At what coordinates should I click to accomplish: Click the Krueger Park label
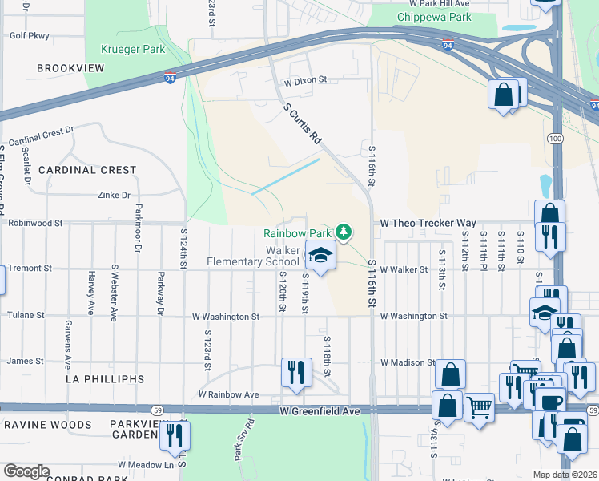coord(133,50)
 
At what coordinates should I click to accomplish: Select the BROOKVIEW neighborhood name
coord(70,69)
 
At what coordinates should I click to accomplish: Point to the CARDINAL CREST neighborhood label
coord(87,170)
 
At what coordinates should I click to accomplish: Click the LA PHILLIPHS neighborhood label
coord(104,378)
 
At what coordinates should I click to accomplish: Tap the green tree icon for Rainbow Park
coord(344,232)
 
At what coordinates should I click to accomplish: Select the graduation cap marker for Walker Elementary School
coord(320,257)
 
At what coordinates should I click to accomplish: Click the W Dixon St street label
coord(306,80)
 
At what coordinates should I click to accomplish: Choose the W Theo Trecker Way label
coord(428,223)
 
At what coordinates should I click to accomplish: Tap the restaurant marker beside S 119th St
coord(295,372)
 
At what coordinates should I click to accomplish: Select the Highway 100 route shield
coord(555,139)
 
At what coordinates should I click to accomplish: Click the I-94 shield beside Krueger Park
coord(170,79)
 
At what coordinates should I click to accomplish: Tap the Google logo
coord(28,471)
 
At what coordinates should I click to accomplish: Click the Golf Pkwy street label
coord(27,36)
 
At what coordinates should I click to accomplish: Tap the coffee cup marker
coord(550,402)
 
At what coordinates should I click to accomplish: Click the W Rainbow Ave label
coord(228,394)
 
